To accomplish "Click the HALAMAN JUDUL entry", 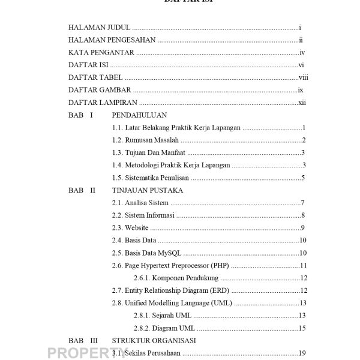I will [x=100, y=28].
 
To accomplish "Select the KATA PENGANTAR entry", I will [x=101, y=53].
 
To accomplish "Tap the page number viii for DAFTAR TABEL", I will [x=303, y=77].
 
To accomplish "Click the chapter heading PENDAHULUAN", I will [x=139, y=115].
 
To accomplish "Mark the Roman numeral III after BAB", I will [x=94, y=340].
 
